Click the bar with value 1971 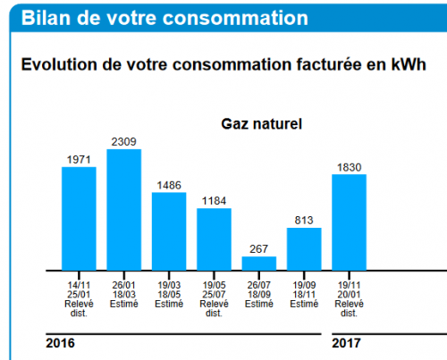pos(79,218)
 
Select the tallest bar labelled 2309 pos(123,209)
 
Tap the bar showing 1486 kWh pos(169,230)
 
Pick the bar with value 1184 pos(214,239)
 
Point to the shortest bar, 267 pos(259,263)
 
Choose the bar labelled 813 pos(304,248)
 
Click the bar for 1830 pos(349,222)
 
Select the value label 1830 pos(349,167)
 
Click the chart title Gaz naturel pos(262,123)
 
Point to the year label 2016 pos(60,343)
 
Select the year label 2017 pos(347,343)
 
